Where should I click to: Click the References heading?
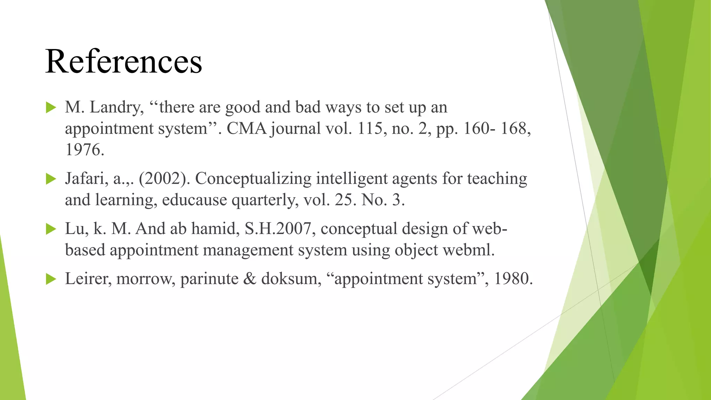(123, 61)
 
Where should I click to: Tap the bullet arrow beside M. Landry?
(51, 108)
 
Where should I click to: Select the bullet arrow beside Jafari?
(51, 179)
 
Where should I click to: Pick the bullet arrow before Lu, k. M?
(51, 229)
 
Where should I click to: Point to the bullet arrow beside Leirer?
(51, 279)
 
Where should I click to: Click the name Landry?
(117, 107)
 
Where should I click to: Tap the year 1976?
(84, 150)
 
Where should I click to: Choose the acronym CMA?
(246, 129)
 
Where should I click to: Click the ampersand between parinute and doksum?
(250, 279)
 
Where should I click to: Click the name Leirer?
(88, 279)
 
